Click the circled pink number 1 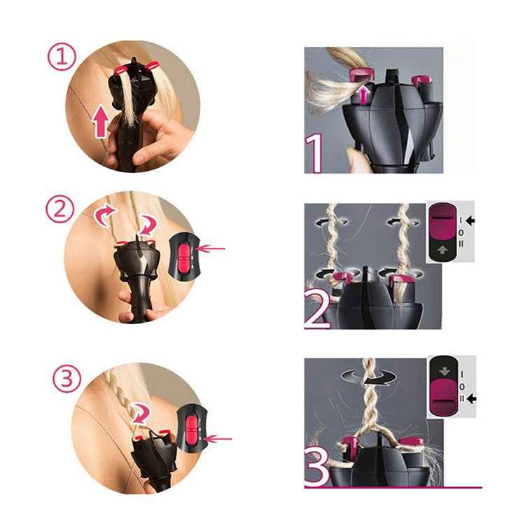(62, 57)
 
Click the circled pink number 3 (66, 379)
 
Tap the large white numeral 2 (316, 309)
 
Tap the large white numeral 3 (316, 465)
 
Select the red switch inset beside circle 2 (183, 255)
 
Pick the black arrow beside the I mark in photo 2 (469, 220)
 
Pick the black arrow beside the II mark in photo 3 (470, 398)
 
